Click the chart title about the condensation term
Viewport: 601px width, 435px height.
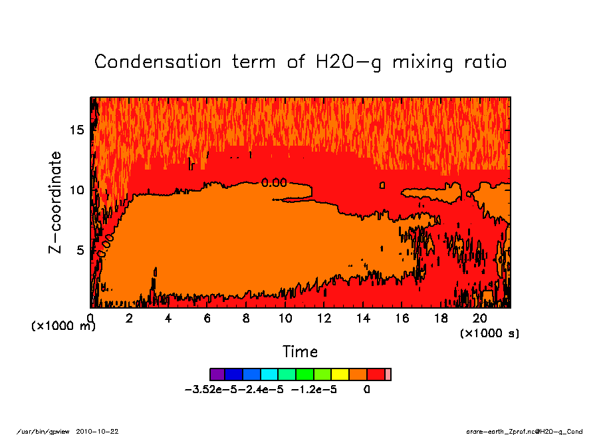[x=300, y=62]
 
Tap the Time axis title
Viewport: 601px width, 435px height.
[x=300, y=351]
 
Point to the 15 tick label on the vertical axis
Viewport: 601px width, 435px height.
[x=77, y=130]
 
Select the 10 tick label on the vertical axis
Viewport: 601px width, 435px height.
[x=77, y=190]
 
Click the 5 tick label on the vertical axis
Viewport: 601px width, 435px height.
[x=80, y=251]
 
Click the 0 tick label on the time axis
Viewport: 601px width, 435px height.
[x=90, y=319]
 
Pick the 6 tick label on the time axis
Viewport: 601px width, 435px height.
[x=207, y=319]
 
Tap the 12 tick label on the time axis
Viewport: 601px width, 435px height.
[x=324, y=319]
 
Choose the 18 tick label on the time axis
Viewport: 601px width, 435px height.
[x=441, y=319]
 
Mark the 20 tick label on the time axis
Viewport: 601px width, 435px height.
[x=481, y=319]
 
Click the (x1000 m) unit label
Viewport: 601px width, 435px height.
[x=64, y=327]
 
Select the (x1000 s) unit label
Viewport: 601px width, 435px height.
[x=489, y=333]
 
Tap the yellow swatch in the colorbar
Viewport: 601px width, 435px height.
[x=340, y=374]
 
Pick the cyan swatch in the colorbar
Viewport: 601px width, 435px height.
[x=270, y=374]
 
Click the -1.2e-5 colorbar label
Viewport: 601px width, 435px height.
[x=314, y=390]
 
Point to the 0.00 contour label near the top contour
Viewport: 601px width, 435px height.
[x=273, y=183]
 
